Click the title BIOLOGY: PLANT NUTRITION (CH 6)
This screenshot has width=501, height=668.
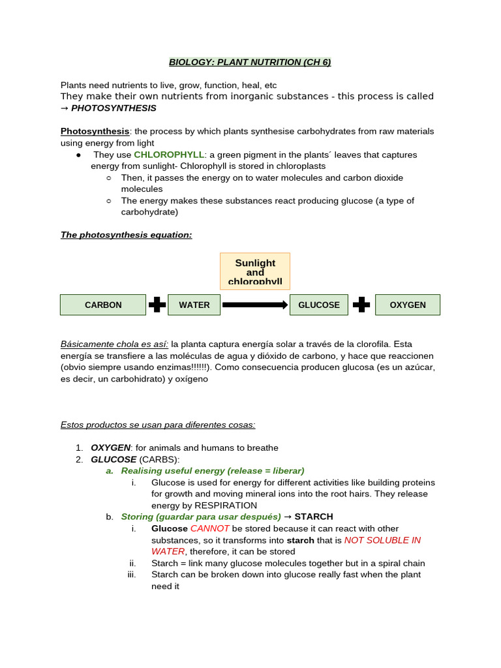pos(250,62)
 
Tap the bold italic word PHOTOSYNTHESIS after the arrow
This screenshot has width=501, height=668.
pos(114,108)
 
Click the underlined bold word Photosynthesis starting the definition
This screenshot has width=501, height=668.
pos(95,131)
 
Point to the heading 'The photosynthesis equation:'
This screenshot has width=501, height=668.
pos(126,235)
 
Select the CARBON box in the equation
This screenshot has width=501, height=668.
pos(103,305)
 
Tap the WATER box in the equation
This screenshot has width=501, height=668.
pos(194,305)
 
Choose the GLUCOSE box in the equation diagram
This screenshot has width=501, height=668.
pos(318,305)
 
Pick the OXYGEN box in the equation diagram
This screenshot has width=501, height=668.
pos(407,305)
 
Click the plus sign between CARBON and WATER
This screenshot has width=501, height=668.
pos(157,305)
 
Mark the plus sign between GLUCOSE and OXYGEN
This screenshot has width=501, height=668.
pos(361,305)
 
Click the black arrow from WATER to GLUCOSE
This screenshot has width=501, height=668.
pos(254,305)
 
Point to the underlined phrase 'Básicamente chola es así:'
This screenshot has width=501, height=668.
pos(114,344)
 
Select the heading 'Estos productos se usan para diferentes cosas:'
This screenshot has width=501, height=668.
pos(158,425)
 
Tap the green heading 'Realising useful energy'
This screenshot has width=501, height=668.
pos(173,470)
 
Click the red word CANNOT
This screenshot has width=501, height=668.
pos(209,528)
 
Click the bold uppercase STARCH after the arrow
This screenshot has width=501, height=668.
pos(314,517)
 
